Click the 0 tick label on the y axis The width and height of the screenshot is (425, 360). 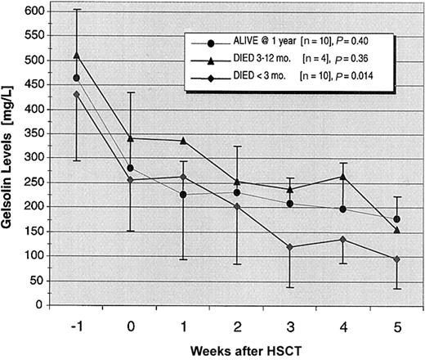(38, 305)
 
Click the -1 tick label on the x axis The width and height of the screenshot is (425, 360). (76, 322)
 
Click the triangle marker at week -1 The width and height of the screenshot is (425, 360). (77, 56)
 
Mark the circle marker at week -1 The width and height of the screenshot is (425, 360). (77, 78)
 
